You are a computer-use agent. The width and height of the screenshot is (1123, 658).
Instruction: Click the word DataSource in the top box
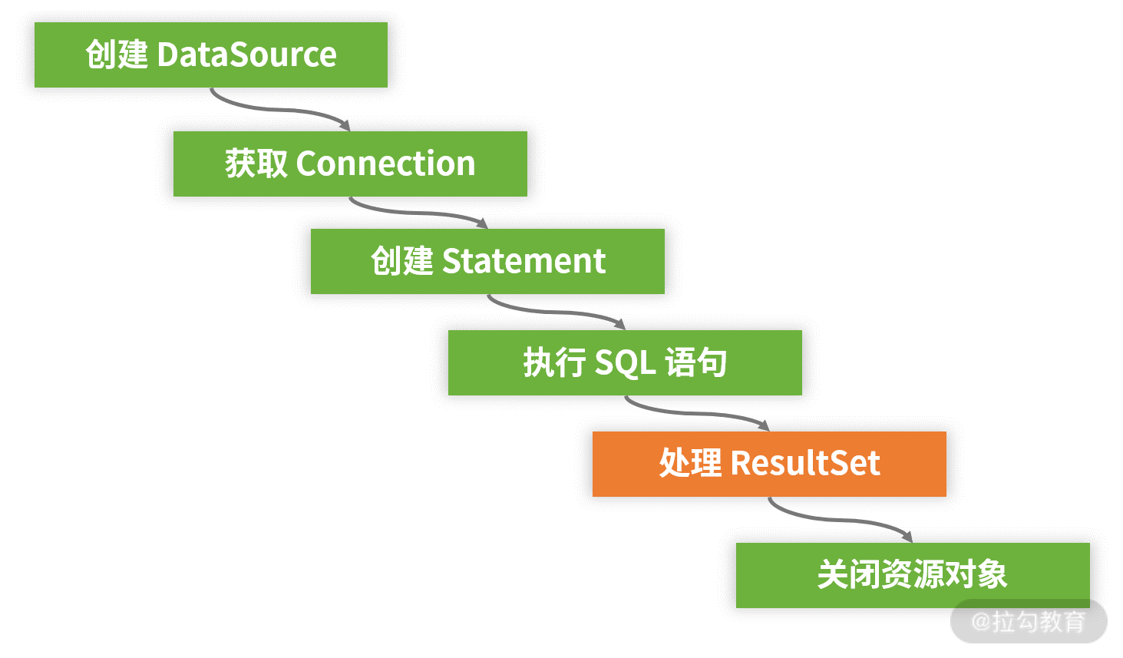246,55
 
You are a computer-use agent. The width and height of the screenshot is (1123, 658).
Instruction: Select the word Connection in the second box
385,164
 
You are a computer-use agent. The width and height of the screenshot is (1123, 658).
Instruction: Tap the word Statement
524,262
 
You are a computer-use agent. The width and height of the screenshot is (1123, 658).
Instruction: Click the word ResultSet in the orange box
805,464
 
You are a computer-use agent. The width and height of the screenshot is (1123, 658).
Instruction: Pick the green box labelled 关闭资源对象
912,575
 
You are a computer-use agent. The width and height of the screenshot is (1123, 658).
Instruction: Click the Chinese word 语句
695,363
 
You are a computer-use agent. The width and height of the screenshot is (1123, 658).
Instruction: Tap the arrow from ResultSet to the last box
839,520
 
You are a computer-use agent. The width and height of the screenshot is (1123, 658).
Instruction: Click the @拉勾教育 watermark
1028,621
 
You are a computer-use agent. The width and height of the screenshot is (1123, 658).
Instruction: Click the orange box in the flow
768,464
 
